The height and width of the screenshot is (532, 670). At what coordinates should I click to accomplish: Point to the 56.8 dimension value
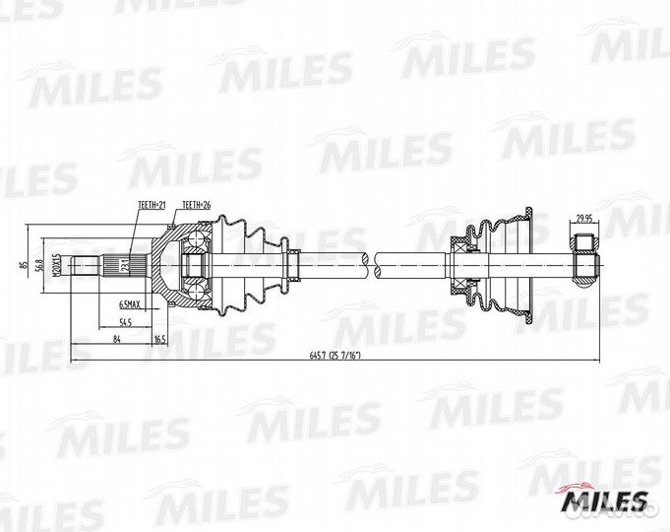click(x=40, y=265)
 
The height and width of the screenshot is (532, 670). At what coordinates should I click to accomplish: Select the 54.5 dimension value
click(x=126, y=322)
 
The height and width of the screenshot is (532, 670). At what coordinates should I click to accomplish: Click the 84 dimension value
click(x=117, y=339)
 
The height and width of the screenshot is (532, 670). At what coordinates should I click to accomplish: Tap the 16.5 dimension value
click(x=159, y=339)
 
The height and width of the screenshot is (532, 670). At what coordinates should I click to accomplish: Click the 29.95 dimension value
click(x=584, y=220)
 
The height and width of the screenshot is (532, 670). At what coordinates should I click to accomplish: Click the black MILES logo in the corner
click(x=604, y=502)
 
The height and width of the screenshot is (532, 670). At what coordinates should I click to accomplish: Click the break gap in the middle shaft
click(x=370, y=263)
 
